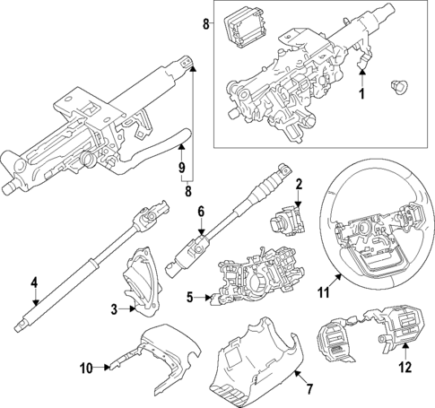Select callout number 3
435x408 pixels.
pyautogui.click(x=114, y=310)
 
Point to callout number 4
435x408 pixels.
pyautogui.click(x=34, y=283)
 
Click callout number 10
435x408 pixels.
pyautogui.click(x=85, y=367)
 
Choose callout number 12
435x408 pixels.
pyautogui.click(x=405, y=365)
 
